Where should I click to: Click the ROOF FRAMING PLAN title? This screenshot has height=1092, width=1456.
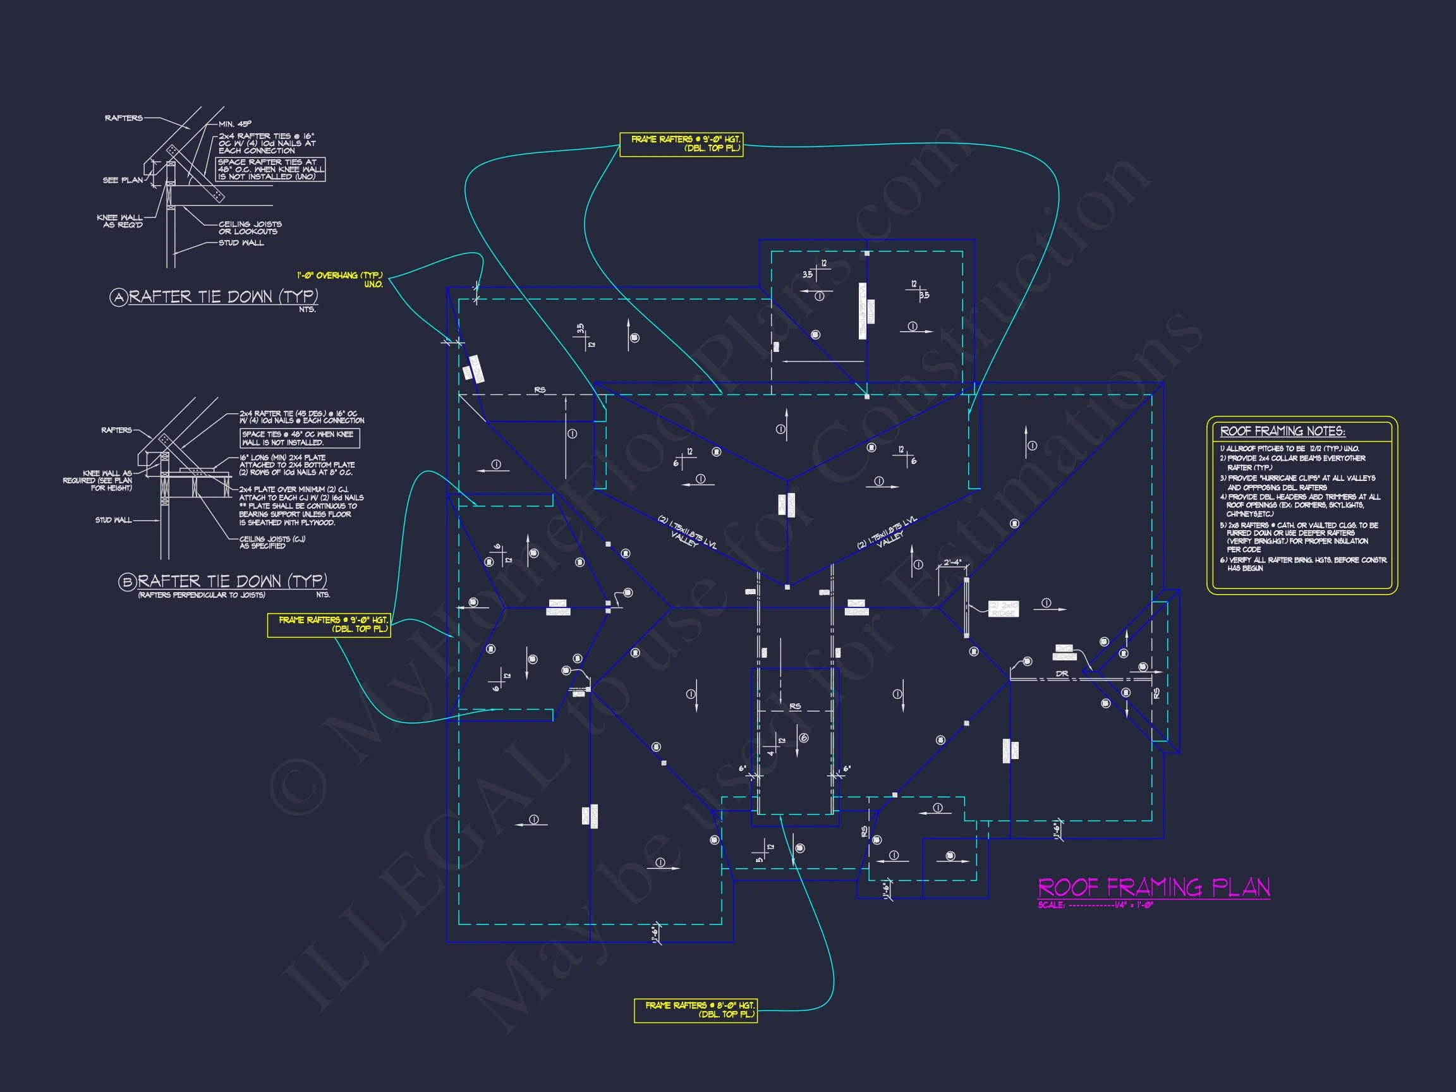[x=1153, y=888]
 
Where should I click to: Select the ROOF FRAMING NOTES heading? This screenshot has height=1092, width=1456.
[x=1282, y=432]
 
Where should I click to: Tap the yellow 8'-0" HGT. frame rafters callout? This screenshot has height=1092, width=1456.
[x=695, y=1010]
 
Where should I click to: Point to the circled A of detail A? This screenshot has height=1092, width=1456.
[x=118, y=298]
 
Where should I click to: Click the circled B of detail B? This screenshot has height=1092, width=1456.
[x=127, y=582]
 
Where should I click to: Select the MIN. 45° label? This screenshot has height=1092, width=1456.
[x=235, y=124]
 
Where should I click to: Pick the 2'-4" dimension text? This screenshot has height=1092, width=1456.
[x=952, y=563]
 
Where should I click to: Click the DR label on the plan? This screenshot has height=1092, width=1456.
[x=1062, y=674]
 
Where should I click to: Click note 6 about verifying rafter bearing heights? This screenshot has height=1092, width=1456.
[x=1302, y=564]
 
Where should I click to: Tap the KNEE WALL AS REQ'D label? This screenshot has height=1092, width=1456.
[x=120, y=221]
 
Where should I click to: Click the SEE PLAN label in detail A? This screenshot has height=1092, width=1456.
[x=123, y=180]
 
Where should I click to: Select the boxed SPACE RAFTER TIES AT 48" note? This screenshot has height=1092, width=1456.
[x=270, y=169]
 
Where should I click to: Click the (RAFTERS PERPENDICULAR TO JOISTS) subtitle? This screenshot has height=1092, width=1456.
[x=202, y=595]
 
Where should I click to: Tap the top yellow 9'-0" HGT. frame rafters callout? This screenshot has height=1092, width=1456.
[x=681, y=144]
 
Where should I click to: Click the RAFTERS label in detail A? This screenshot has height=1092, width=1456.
[x=124, y=118]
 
